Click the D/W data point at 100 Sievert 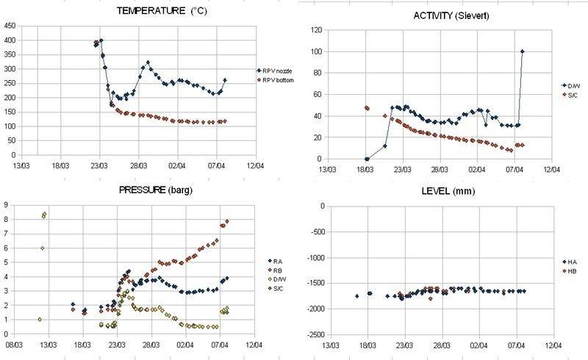coord(522,51)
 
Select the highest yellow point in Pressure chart coord(45,214)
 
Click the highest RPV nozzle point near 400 coord(101,40)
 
